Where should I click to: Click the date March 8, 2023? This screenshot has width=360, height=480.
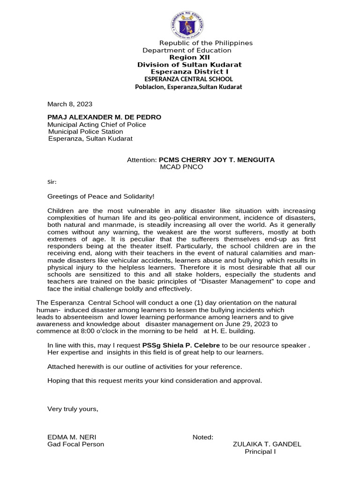pos(70,104)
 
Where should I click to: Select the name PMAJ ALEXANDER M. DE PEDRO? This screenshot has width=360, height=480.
pos(104,117)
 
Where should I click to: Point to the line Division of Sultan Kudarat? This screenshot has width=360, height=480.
pos(189,65)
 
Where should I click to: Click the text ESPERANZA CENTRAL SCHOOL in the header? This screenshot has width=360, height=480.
pos(188,79)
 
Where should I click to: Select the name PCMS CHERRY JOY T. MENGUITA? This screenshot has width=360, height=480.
pos(217,160)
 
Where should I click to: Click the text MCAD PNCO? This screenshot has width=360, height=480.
pos(182,167)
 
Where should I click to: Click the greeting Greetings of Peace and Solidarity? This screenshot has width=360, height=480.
pos(101,196)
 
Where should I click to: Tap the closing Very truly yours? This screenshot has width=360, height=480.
pos(73,409)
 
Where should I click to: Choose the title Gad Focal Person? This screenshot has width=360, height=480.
pos(75,444)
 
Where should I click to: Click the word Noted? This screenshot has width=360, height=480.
pos(203,437)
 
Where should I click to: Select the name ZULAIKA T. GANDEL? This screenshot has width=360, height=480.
pos(267,444)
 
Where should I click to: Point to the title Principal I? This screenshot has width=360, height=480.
pos(260,452)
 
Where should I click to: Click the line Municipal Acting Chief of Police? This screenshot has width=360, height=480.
pos(97,125)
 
